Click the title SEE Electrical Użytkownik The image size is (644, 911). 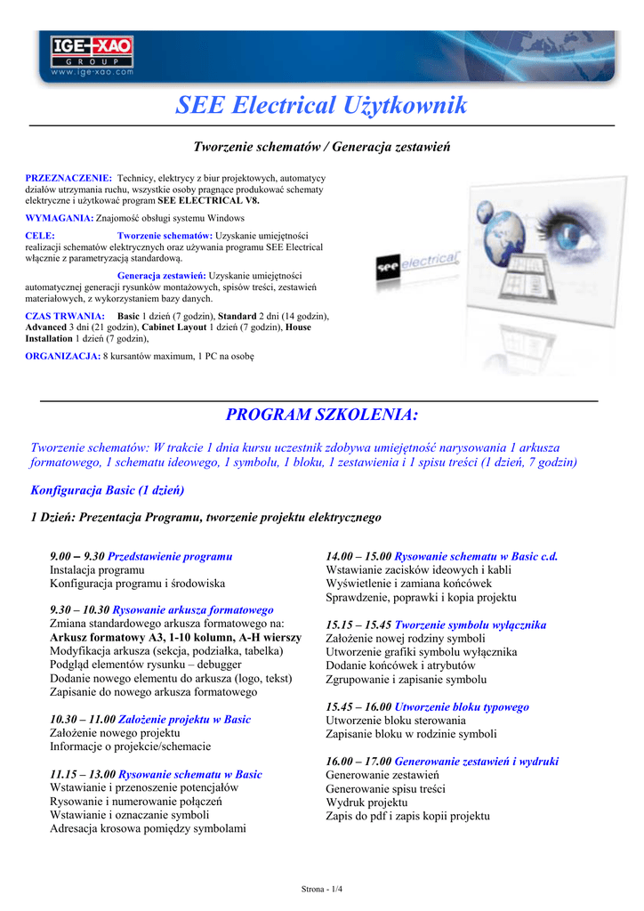click(x=321, y=106)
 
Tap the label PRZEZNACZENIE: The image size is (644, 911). click(x=68, y=178)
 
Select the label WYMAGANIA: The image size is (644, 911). click(x=60, y=218)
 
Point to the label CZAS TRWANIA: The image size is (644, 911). click(x=66, y=316)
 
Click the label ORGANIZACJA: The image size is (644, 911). click(x=63, y=356)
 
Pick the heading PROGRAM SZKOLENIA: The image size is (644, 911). click(x=321, y=415)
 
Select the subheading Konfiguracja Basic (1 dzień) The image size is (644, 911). click(x=108, y=490)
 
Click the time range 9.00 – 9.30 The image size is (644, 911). click(x=77, y=556)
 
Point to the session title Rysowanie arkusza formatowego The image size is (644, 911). click(x=193, y=610)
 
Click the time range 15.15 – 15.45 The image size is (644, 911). click(x=358, y=625)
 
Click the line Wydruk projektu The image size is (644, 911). click(x=366, y=802)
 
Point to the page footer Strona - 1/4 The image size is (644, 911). click(x=321, y=889)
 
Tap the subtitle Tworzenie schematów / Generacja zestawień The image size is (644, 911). click(x=321, y=146)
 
